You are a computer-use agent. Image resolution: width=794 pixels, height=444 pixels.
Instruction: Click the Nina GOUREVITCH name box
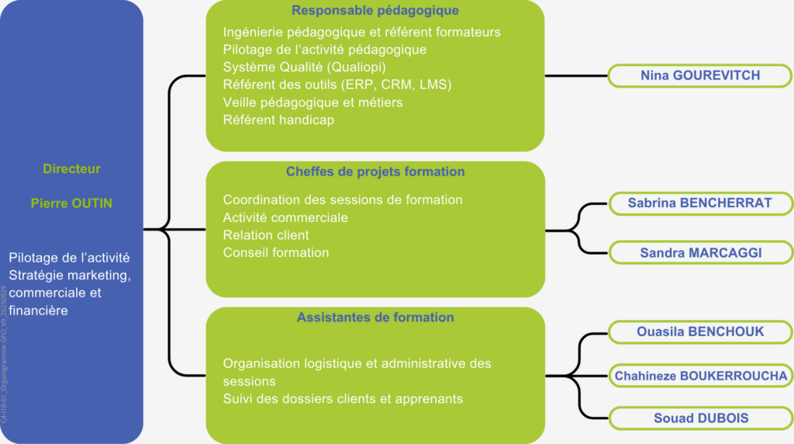700,75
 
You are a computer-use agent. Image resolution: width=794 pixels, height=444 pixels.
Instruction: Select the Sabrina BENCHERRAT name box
700,203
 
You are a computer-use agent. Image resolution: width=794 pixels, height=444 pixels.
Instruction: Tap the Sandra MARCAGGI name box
700,252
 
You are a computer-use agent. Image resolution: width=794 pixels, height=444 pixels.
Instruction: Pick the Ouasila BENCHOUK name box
700,332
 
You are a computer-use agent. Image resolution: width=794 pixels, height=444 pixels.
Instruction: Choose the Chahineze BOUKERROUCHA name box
700,376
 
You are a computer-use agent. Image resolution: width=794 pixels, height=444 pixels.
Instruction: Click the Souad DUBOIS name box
700,418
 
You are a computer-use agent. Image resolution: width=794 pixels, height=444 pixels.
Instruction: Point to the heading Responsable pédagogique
375,11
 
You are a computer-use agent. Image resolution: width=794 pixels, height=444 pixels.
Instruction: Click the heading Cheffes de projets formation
375,172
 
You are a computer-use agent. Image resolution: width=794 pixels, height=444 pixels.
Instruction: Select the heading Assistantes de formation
375,317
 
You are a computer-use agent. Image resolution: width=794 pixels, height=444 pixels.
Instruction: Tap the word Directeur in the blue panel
71,168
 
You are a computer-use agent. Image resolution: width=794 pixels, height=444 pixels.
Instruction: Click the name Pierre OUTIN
71,203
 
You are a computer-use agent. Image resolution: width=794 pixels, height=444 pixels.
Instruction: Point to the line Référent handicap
278,120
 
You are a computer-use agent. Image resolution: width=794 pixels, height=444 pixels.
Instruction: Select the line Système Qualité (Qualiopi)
304,67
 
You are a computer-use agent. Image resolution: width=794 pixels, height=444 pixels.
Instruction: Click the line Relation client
266,234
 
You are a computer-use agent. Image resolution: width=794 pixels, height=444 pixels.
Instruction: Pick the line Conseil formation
276,252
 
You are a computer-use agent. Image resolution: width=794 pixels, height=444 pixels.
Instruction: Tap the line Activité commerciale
285,217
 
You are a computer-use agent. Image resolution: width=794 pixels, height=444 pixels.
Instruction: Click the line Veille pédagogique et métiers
312,102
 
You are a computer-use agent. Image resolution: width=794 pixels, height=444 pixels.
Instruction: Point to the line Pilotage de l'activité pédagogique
324,50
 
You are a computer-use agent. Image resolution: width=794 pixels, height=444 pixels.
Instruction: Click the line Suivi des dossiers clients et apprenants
343,399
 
